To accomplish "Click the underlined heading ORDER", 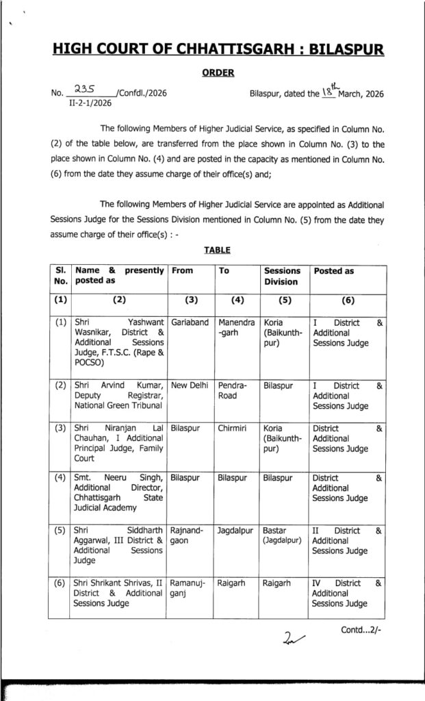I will [218, 73].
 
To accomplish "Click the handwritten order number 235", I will [86, 89].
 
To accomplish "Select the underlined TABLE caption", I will [216, 251].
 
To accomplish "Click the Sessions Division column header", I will [281, 276].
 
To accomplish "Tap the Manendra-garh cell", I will [236, 327].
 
